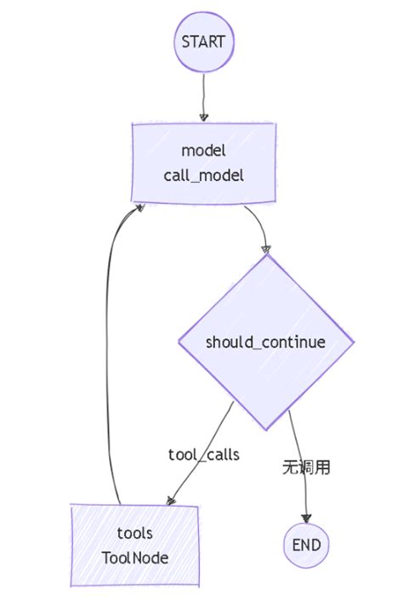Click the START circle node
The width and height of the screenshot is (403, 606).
(203, 42)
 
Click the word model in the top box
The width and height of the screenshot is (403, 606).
(203, 150)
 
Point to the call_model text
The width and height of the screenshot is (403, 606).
(203, 175)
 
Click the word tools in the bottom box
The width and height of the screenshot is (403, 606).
(134, 533)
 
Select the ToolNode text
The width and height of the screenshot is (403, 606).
(134, 558)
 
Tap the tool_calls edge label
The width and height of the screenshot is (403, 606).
(204, 455)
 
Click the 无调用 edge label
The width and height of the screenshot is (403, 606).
(306, 467)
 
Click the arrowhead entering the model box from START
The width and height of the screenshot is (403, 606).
(203, 117)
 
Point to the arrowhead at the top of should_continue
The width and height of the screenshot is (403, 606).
(266, 249)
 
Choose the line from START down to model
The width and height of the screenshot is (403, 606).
(203, 93)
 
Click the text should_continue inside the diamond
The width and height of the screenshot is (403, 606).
(266, 343)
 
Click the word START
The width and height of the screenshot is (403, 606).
(203, 42)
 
